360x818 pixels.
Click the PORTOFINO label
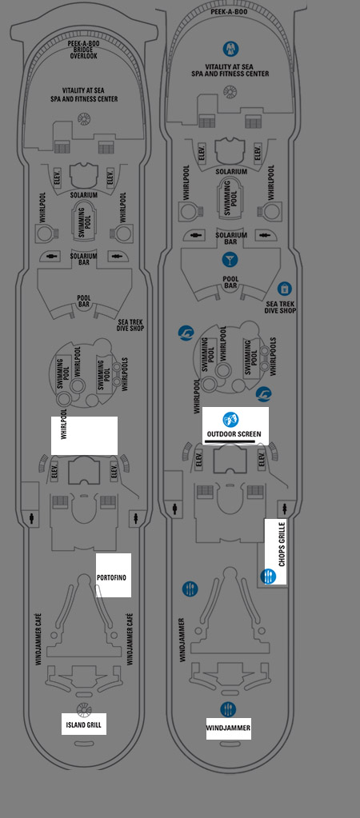click(111, 577)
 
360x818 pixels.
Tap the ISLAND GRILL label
click(83, 725)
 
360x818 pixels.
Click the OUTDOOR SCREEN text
click(234, 434)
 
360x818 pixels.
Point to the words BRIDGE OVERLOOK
click(84, 53)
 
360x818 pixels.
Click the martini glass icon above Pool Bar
click(230, 259)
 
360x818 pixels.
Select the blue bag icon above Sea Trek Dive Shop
click(284, 289)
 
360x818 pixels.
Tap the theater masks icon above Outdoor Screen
click(230, 420)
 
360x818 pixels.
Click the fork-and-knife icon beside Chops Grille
click(268, 577)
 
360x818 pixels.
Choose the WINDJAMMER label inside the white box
click(228, 728)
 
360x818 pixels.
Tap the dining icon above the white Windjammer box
click(228, 709)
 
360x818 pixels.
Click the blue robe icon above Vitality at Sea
click(230, 49)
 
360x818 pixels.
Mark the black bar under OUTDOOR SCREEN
click(230, 441)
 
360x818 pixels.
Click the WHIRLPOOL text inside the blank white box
click(64, 425)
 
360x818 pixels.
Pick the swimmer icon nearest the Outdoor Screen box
click(263, 394)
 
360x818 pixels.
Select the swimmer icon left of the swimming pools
click(186, 333)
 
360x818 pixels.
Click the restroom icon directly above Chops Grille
click(284, 508)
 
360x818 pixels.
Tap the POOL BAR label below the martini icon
click(230, 282)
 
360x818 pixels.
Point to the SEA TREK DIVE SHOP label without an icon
click(130, 325)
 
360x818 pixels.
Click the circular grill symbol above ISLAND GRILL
click(83, 709)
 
